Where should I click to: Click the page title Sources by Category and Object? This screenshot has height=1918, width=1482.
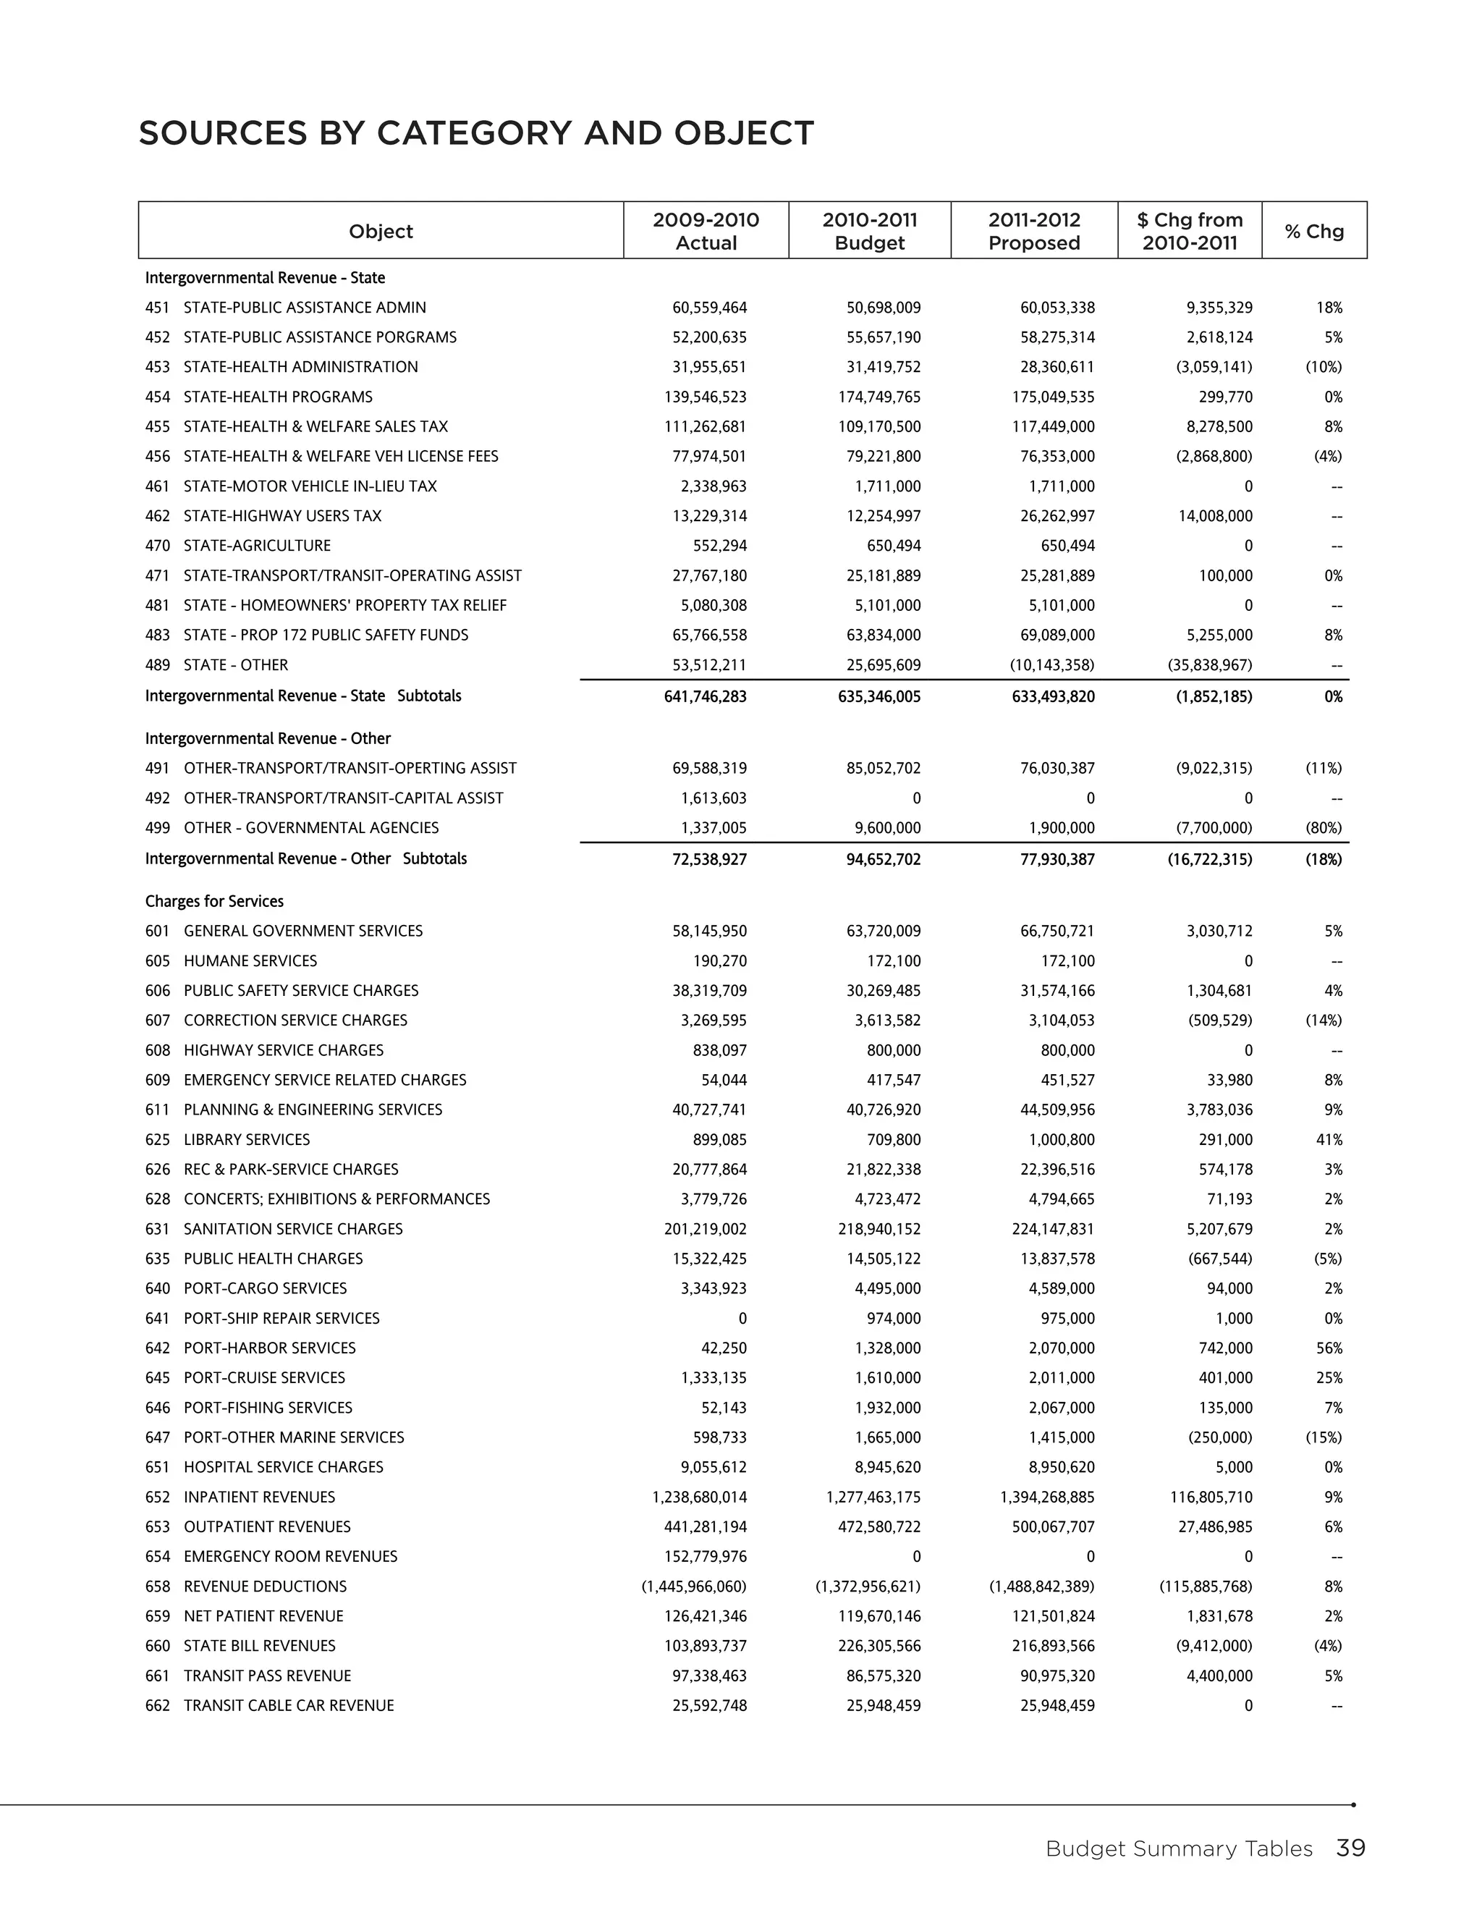pos(476,133)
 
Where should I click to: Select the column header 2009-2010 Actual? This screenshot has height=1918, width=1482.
pos(706,231)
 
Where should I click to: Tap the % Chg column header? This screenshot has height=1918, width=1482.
pos(1313,231)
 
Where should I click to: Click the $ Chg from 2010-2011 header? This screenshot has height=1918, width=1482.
pos(1190,231)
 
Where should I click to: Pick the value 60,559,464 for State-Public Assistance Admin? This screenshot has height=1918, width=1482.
pos(709,308)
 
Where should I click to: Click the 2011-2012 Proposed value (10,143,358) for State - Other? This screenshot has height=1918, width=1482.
pos(1051,665)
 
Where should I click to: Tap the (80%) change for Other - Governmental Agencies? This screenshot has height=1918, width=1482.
pos(1323,827)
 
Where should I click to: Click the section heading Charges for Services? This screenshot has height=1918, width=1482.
pos(214,901)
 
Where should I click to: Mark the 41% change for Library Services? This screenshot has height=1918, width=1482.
pos(1329,1139)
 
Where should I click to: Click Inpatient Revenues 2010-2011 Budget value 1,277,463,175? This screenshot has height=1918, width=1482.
pos(873,1497)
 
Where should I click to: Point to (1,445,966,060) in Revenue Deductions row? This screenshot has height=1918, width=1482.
pos(693,1586)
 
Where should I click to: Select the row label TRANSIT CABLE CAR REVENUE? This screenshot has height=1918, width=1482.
pos(288,1705)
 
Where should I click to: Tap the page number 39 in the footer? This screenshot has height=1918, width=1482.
pos(1350,1849)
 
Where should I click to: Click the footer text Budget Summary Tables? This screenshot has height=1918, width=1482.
pos(1178,1849)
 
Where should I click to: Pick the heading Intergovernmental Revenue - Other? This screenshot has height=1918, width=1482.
pos(268,738)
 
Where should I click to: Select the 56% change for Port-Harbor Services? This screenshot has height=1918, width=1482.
pos(1329,1348)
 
